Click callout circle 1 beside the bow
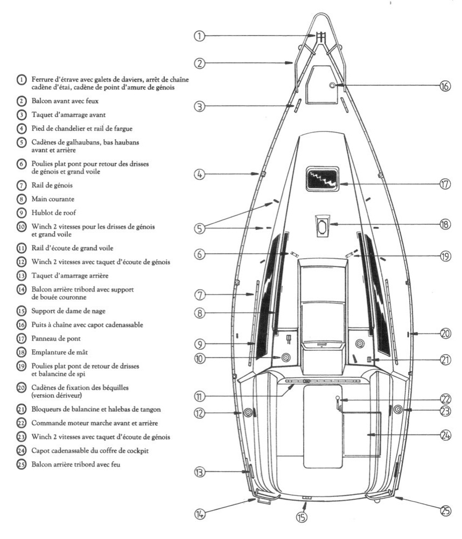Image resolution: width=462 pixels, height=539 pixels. tap(199, 37)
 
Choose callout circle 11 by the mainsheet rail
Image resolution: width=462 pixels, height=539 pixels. tap(199, 397)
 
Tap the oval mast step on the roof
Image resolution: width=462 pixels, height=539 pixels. tap(322, 227)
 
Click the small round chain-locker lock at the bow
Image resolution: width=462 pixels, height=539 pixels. tap(332, 86)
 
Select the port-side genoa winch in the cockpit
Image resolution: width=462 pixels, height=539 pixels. tap(248, 413)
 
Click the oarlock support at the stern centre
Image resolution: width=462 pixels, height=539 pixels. tap(306, 498)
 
